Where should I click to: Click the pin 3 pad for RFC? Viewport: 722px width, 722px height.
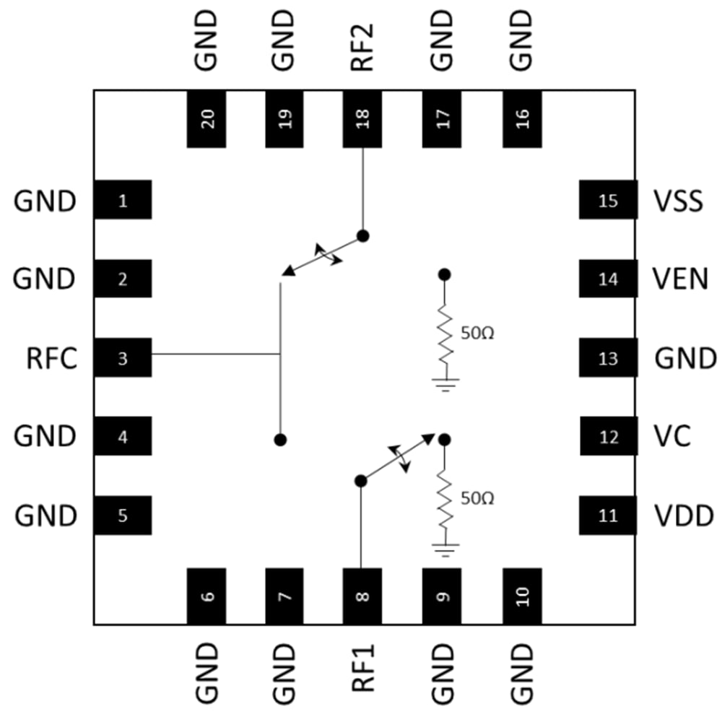pos(122,357)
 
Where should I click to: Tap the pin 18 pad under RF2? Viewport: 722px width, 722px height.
pos(362,119)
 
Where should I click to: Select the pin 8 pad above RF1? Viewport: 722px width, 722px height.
pos(362,596)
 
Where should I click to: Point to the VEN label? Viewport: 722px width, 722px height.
pos(679,279)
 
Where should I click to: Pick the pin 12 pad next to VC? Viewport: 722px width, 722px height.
pos(609,437)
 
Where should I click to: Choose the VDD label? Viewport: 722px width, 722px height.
pos(683,516)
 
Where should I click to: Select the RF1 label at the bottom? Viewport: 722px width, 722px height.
pos(362,669)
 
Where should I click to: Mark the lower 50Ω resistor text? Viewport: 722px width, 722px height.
pos(476,498)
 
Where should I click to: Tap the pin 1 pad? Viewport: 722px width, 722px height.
pos(122,200)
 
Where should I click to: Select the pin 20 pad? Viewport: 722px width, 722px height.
pos(206,119)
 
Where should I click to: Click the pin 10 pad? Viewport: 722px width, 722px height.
pos(522,596)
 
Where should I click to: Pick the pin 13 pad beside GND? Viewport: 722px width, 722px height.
pos(609,358)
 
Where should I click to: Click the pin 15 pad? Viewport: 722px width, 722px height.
pos(609,200)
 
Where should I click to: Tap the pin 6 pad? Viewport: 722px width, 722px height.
pos(206,596)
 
